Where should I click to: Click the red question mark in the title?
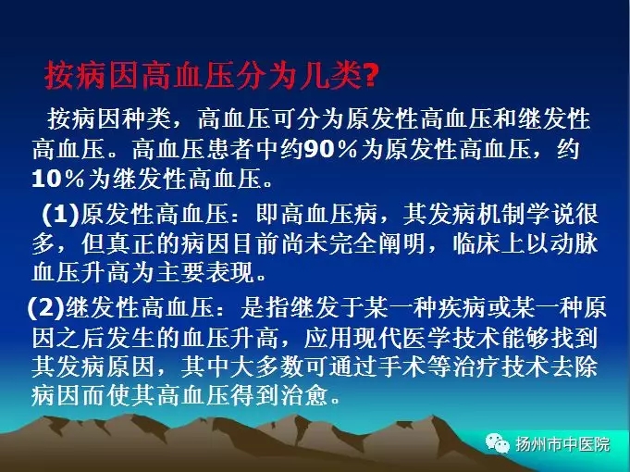[370, 77]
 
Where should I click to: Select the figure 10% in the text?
[58, 179]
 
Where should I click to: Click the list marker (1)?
[61, 215]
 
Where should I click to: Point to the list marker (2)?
[46, 308]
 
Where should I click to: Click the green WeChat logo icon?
[498, 443]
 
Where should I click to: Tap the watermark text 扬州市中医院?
[562, 444]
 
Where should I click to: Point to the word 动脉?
[574, 243]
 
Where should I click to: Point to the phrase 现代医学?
[401, 338]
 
